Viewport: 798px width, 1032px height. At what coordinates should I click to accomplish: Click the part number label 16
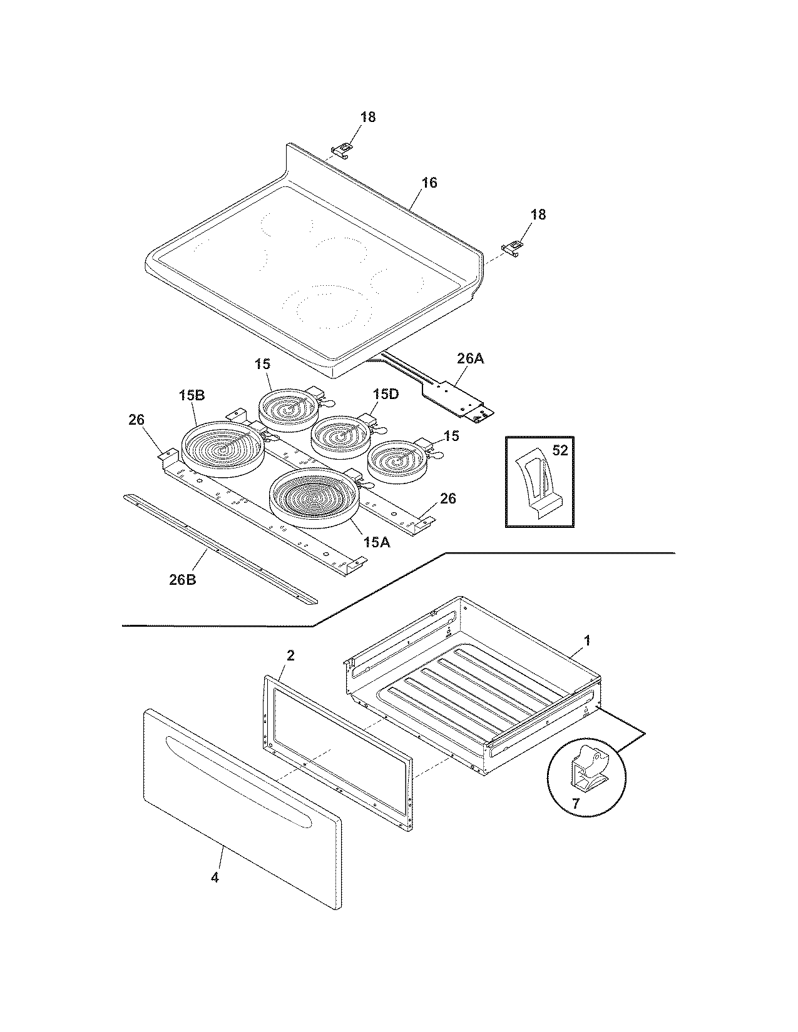click(x=429, y=183)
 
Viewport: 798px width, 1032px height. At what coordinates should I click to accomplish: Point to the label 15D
click(x=386, y=394)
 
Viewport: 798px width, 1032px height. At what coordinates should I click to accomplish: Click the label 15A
click(x=376, y=542)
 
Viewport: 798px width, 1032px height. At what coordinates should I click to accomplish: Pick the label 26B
click(x=182, y=579)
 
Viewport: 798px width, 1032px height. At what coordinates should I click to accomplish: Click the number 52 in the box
click(x=560, y=450)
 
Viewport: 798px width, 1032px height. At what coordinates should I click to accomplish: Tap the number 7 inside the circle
click(x=576, y=803)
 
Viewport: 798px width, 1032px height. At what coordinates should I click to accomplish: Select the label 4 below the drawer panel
click(x=215, y=878)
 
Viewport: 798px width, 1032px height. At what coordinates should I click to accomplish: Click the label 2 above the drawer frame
click(x=290, y=655)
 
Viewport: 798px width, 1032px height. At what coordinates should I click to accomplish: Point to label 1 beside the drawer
click(x=586, y=640)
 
